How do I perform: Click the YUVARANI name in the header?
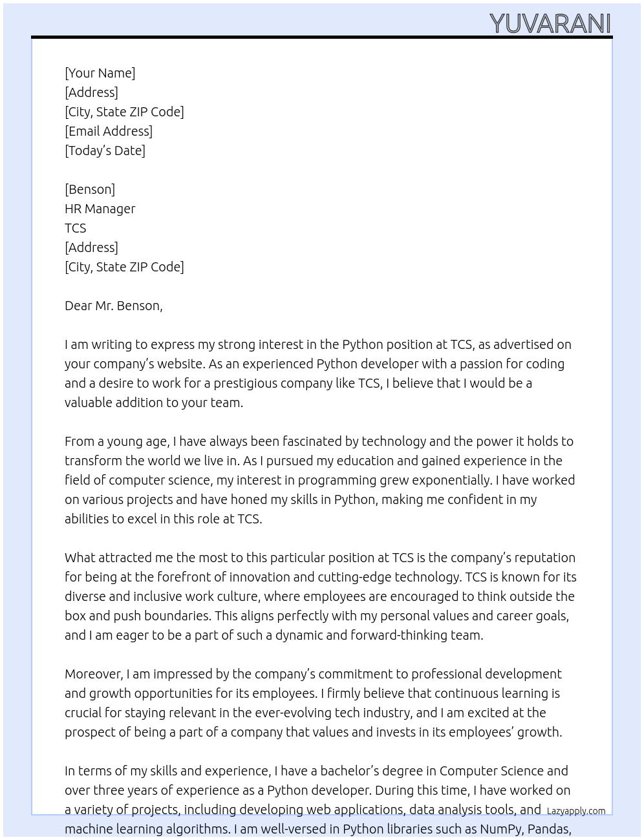tap(550, 24)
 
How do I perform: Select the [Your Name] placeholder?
tap(100, 73)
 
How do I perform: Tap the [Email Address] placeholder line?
tap(109, 131)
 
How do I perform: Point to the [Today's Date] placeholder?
tap(105, 151)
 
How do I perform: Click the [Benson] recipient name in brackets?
tap(90, 189)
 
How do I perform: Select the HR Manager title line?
tap(100, 209)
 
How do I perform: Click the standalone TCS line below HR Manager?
tap(75, 228)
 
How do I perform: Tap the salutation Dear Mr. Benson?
tap(113, 306)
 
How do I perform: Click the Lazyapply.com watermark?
tap(576, 811)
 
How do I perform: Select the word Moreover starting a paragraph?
tap(93, 674)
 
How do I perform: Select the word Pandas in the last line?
tap(550, 829)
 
